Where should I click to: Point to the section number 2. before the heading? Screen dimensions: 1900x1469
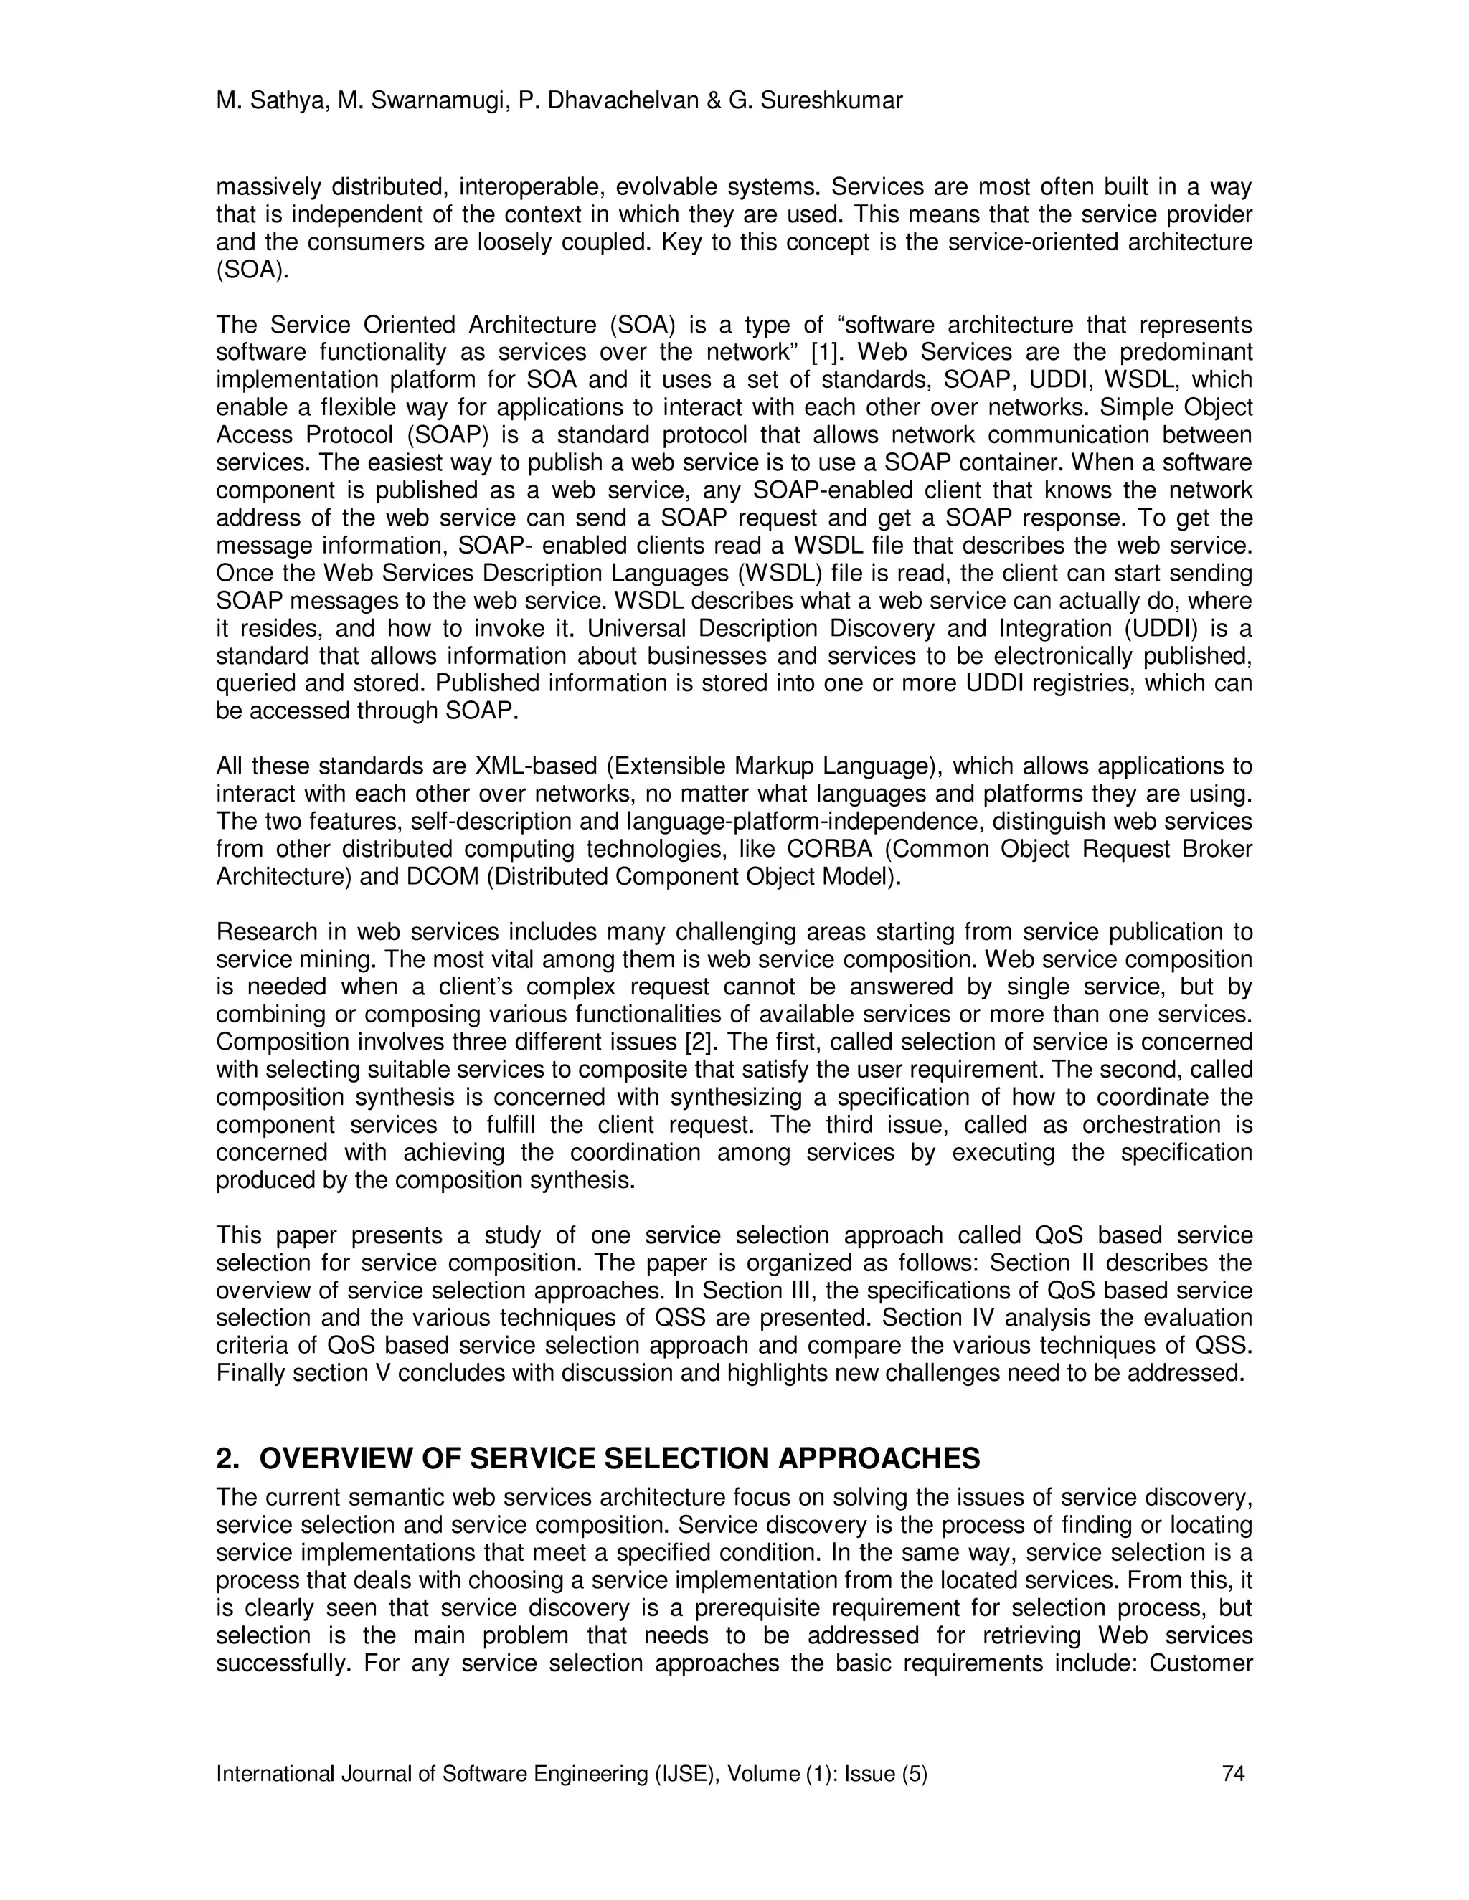coord(227,1458)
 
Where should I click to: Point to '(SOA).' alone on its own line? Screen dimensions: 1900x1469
coord(252,270)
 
